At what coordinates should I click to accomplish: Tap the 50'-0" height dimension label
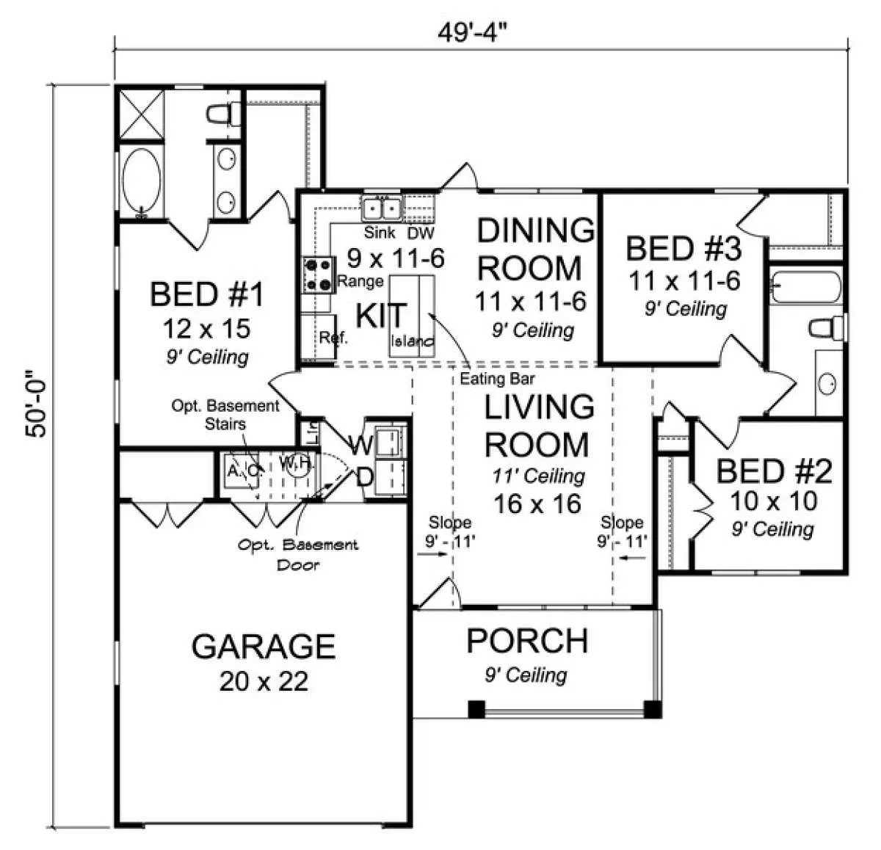pyautogui.click(x=36, y=404)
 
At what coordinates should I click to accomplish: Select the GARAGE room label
pyautogui.click(x=263, y=647)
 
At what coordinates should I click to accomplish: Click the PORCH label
pyautogui.click(x=527, y=641)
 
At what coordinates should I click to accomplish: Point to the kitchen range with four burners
pyautogui.click(x=319, y=275)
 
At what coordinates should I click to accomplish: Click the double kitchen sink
pyautogui.click(x=382, y=208)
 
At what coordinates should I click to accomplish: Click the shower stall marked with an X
pyautogui.click(x=141, y=113)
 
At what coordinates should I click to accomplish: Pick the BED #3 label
pyautogui.click(x=684, y=249)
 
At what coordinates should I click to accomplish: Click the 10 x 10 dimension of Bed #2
pyautogui.click(x=774, y=501)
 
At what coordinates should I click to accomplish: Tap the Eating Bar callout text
pyautogui.click(x=497, y=378)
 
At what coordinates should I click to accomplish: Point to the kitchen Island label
pyautogui.click(x=412, y=341)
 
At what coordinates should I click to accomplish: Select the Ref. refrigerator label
pyautogui.click(x=333, y=337)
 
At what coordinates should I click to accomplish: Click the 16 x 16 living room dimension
pyautogui.click(x=537, y=504)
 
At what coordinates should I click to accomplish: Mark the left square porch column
pyautogui.click(x=476, y=709)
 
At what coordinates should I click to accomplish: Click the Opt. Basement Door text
pyautogui.click(x=297, y=554)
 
